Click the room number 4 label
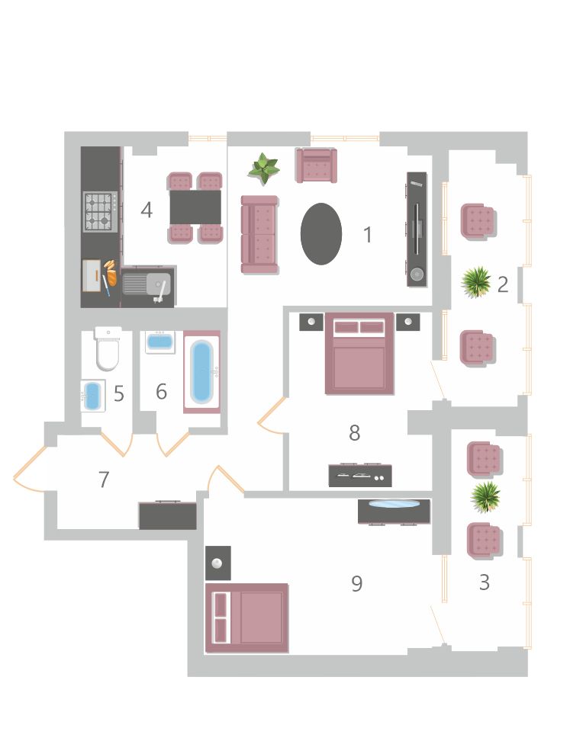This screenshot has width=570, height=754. [x=147, y=210]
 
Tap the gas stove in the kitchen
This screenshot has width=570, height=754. [x=100, y=212]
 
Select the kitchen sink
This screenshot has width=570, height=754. [x=147, y=284]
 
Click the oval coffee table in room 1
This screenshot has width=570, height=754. [x=321, y=234]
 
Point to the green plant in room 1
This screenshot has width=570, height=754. [x=263, y=168]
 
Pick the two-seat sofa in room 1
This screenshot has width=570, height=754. [x=259, y=235]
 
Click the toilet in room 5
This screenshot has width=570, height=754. [x=108, y=348]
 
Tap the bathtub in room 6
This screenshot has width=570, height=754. [x=201, y=372]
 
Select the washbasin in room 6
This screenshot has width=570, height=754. [x=159, y=342]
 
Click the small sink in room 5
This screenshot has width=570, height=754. [x=92, y=396]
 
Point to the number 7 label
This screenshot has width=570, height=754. [x=104, y=480]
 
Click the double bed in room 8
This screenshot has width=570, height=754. [x=359, y=354]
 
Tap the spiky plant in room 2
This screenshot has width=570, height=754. [x=476, y=283]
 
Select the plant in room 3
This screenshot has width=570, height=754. [x=485, y=497]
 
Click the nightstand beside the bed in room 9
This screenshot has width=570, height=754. [x=218, y=563]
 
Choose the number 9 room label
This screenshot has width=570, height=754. [x=356, y=583]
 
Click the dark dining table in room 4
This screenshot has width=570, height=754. [x=195, y=207]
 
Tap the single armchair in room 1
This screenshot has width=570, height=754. [x=317, y=165]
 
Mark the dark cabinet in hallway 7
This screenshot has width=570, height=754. [x=168, y=515]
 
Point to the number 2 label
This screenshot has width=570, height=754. [x=503, y=284]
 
